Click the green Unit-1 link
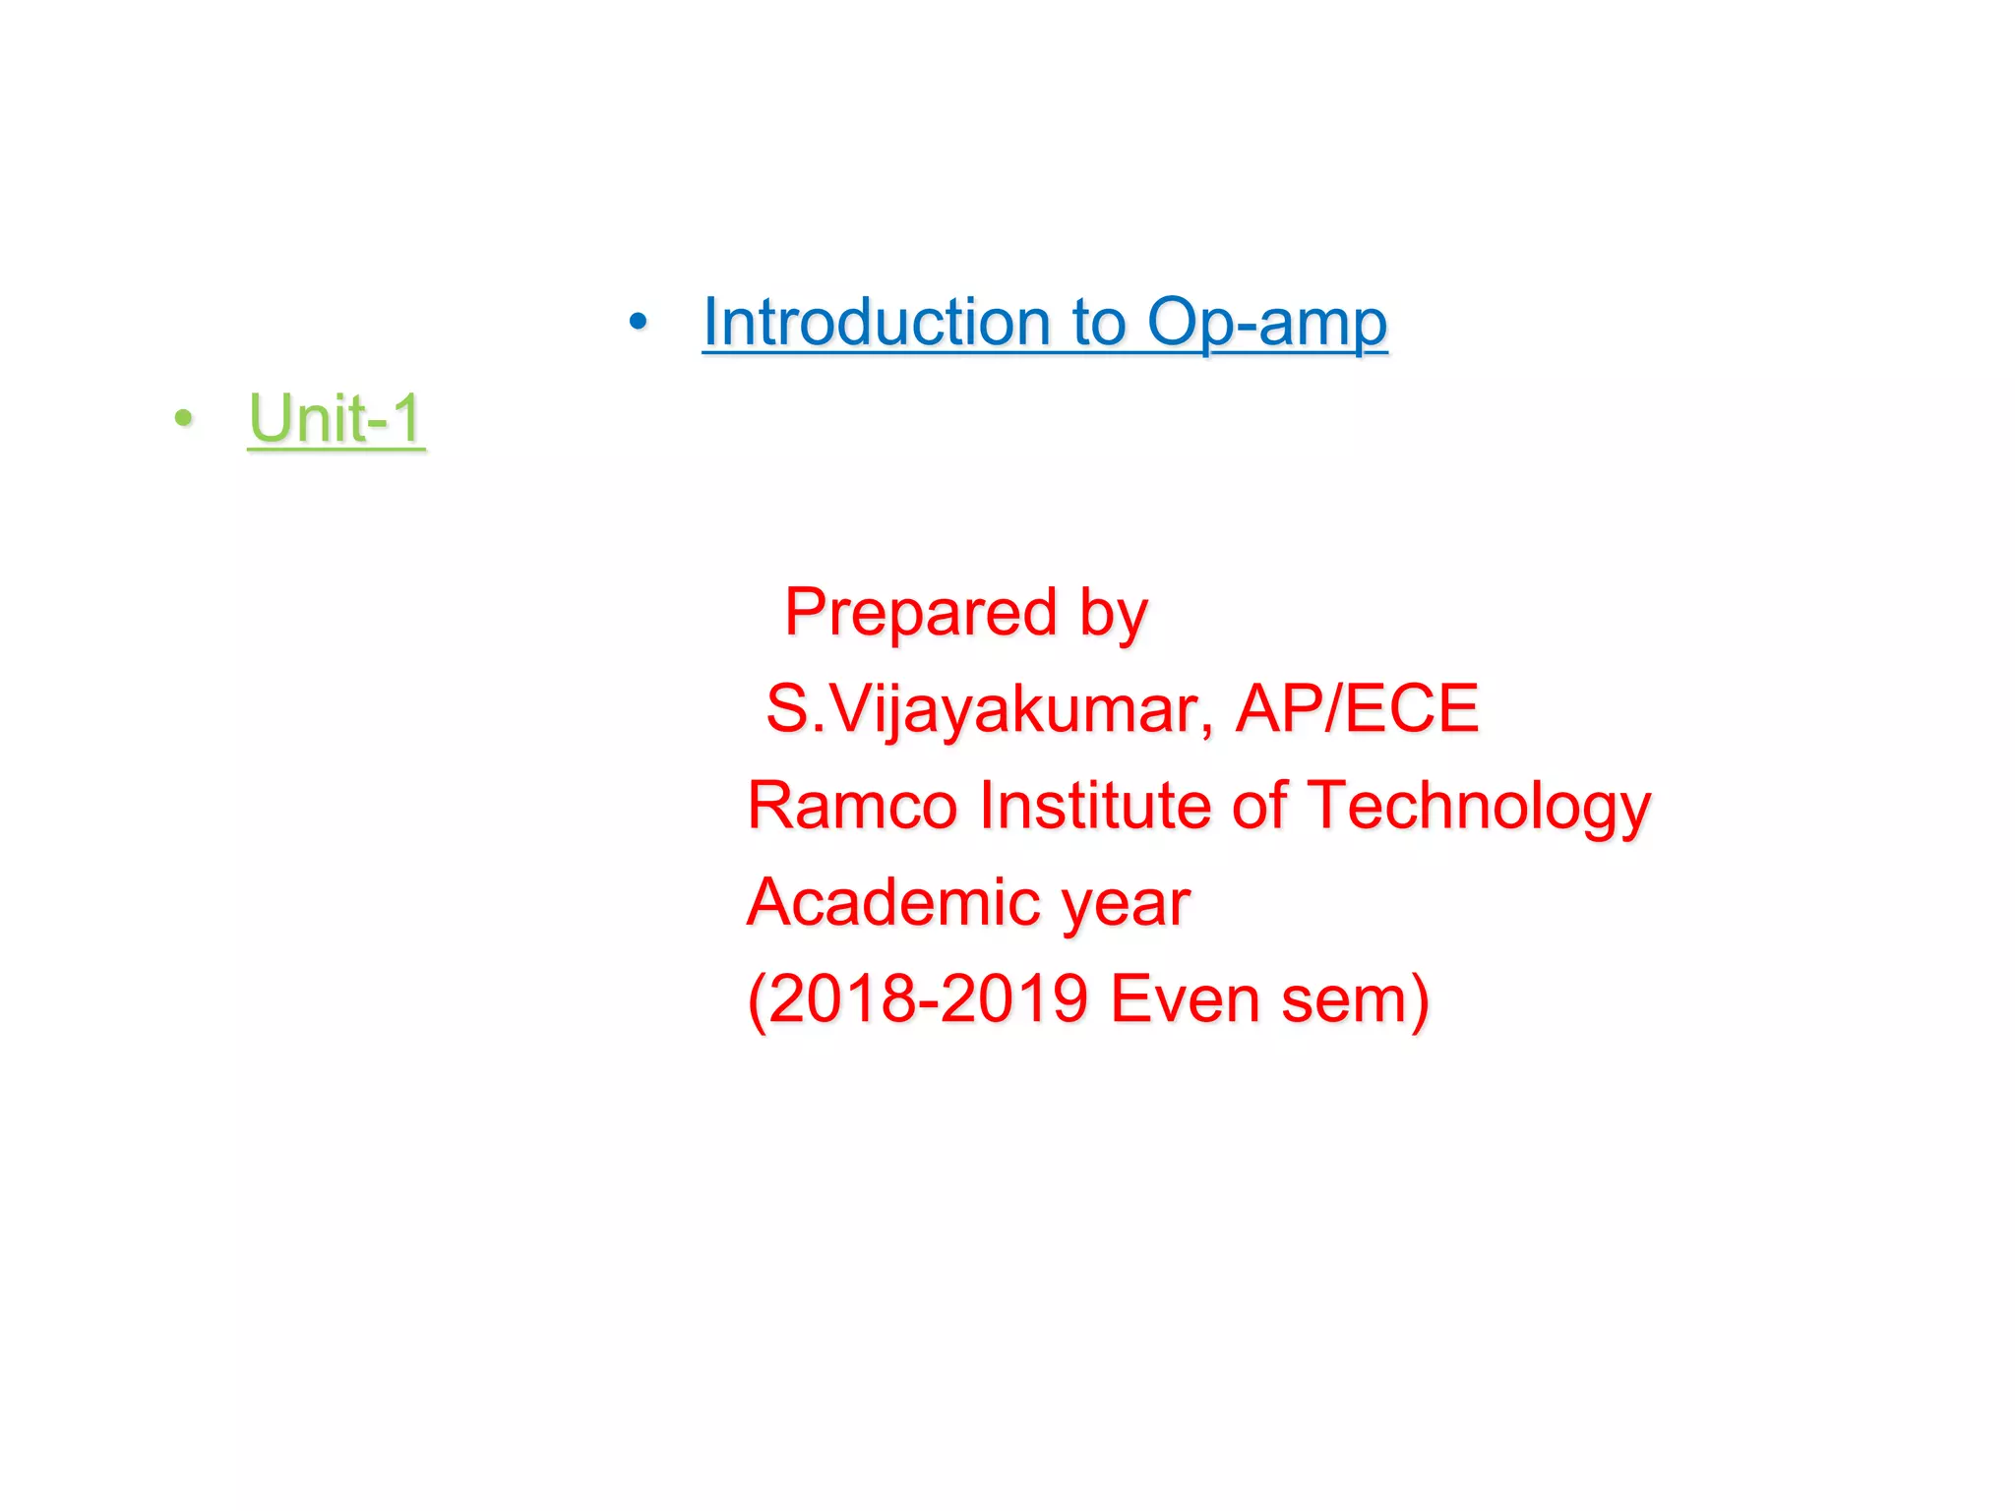pos(336,418)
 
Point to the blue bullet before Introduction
pos(639,321)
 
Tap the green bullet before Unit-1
pos(183,418)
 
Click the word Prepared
pos(921,612)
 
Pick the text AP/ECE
pos(1357,708)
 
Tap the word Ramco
pos(852,805)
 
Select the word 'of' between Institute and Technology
pos(1258,805)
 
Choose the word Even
pos(1185,998)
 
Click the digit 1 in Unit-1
pos(406,418)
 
